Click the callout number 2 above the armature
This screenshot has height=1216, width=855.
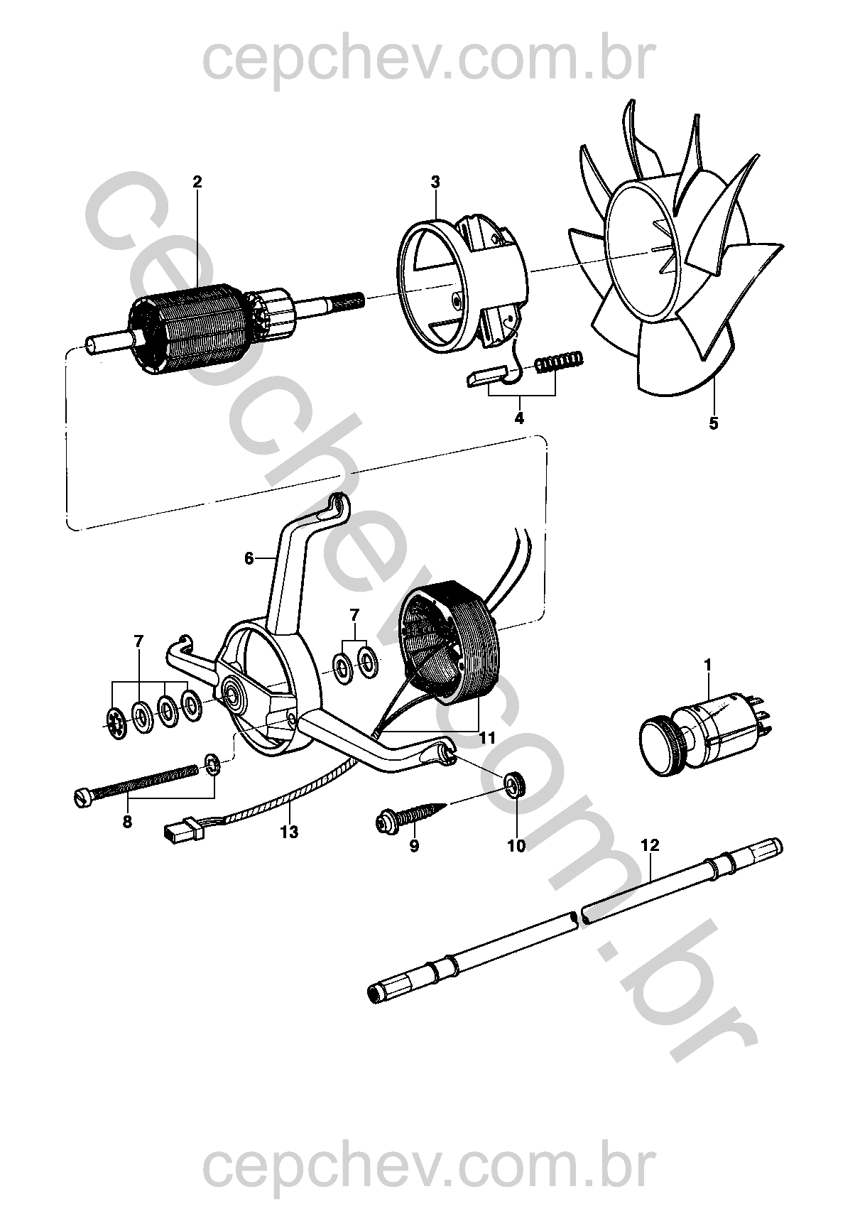pyautogui.click(x=197, y=181)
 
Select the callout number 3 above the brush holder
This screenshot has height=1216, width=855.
pyautogui.click(x=435, y=181)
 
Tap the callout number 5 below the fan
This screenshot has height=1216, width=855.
pyautogui.click(x=713, y=423)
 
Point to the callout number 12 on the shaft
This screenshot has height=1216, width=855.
pyautogui.click(x=650, y=845)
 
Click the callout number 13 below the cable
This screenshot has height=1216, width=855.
pyautogui.click(x=289, y=832)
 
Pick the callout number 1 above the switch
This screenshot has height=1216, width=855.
pyautogui.click(x=707, y=664)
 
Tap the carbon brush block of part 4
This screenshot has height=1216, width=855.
pyautogui.click(x=485, y=376)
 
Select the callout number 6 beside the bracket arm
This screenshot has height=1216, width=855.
pyautogui.click(x=249, y=558)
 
